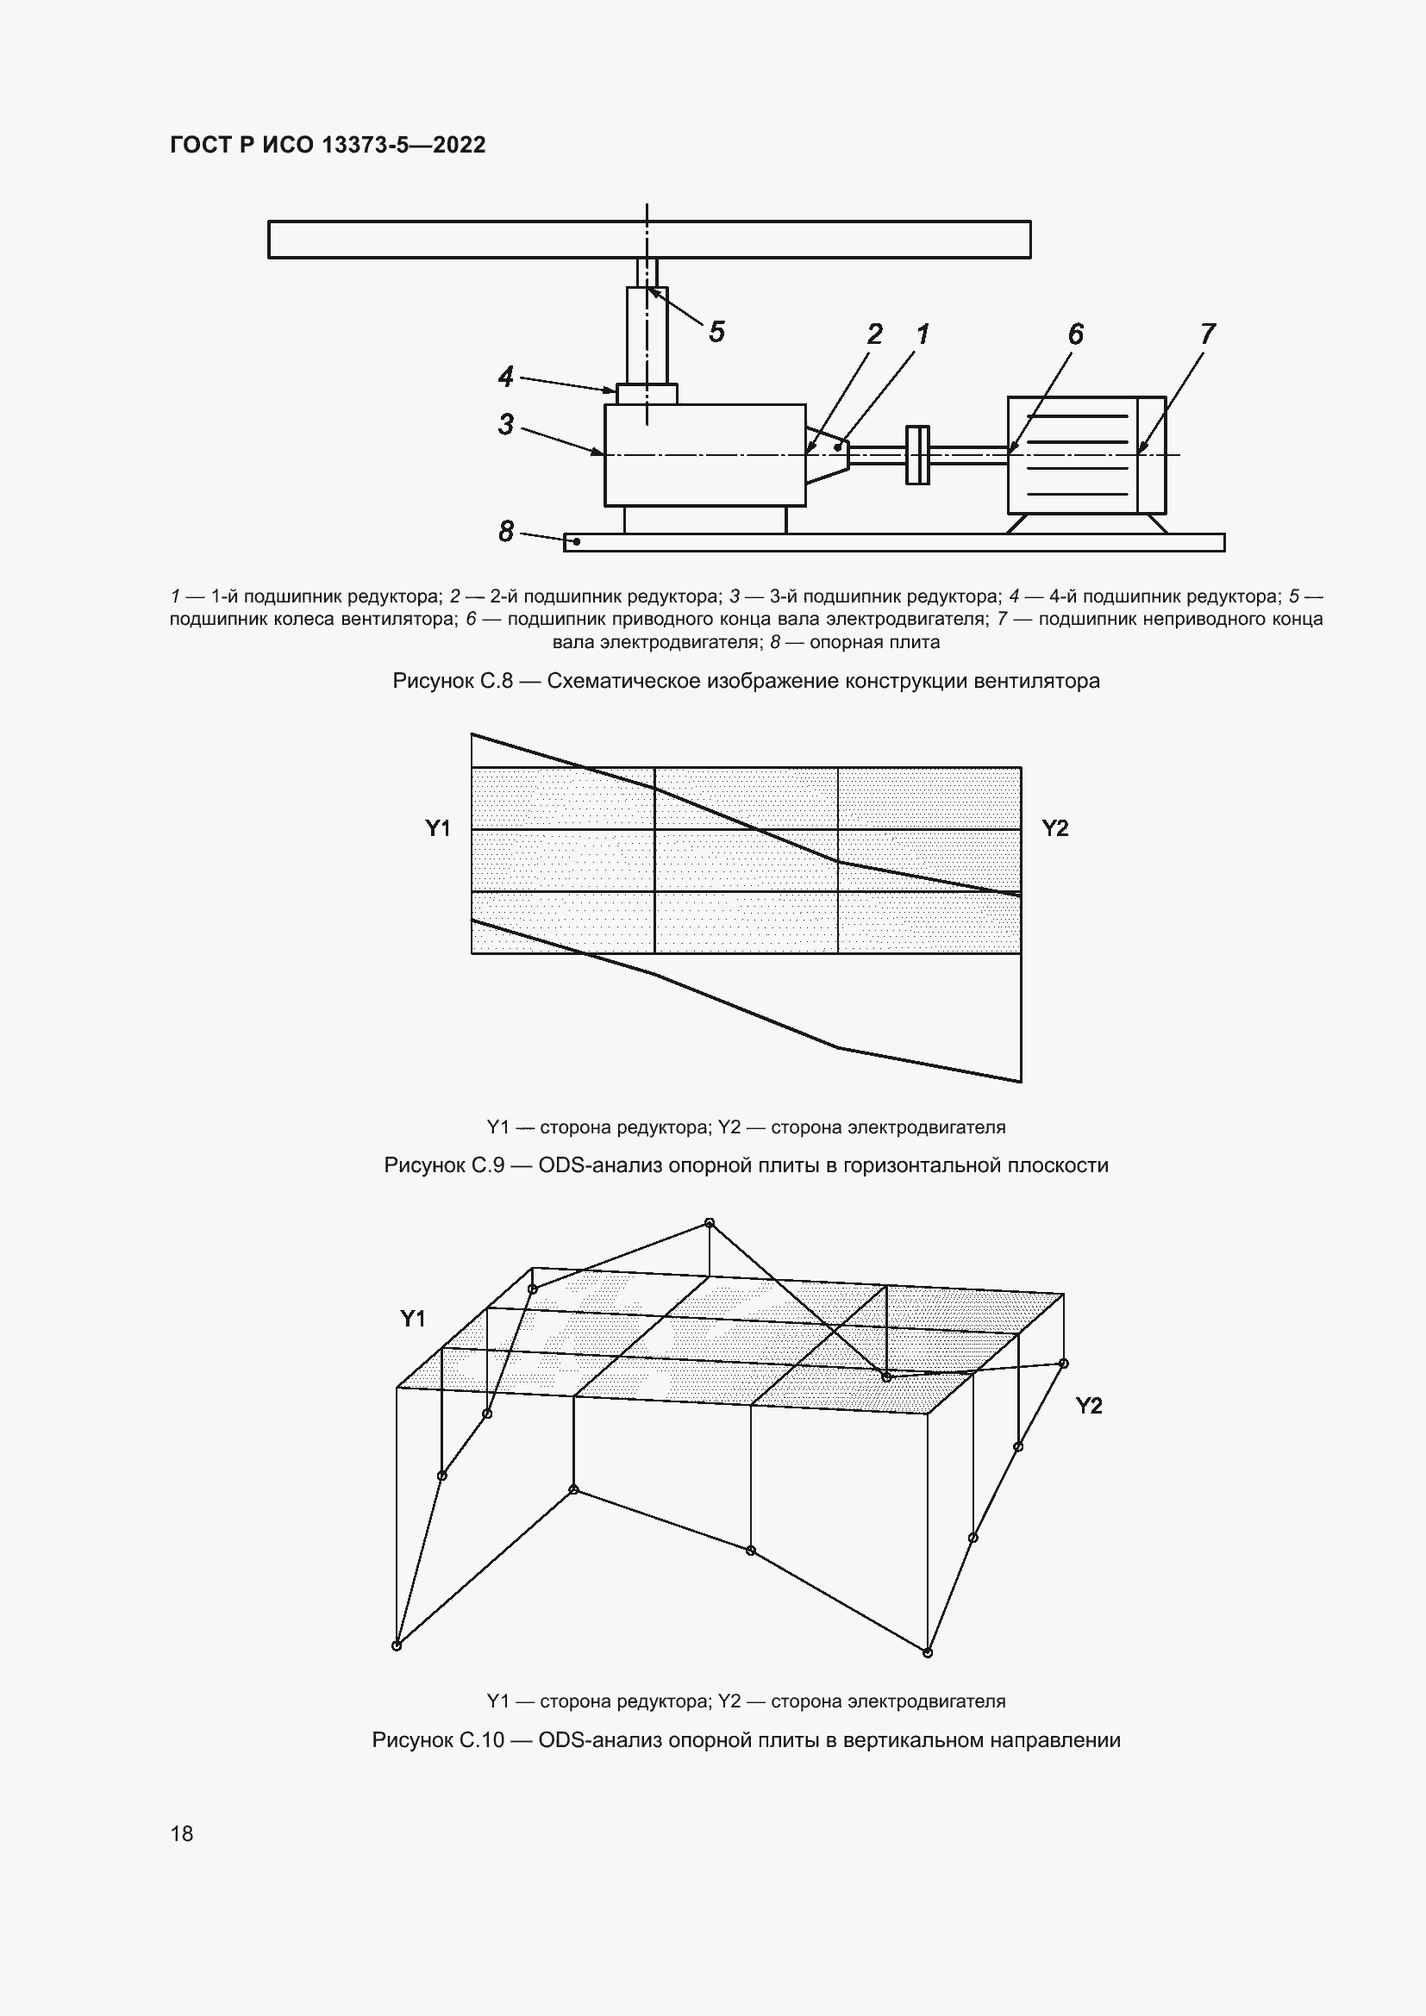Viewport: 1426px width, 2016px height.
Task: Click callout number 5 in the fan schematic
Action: tap(716, 332)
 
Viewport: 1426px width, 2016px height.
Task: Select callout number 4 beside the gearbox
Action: tap(506, 377)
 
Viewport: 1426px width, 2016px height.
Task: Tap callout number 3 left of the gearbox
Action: tap(506, 424)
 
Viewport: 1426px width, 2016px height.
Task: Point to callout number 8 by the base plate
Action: tap(506, 531)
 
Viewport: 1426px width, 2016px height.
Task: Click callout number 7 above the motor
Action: tap(1207, 334)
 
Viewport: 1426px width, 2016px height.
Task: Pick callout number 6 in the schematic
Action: tap(1076, 334)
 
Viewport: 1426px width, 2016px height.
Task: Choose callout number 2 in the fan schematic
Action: tap(874, 334)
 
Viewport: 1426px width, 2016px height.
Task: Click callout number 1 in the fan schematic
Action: tap(923, 334)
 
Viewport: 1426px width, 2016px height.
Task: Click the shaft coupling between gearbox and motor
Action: tap(917, 454)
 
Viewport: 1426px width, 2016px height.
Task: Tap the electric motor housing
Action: tap(1085, 455)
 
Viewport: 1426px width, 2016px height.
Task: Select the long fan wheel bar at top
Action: tap(649, 240)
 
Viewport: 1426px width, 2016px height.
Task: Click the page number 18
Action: tap(182, 1833)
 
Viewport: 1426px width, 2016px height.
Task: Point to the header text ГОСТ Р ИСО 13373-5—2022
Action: tap(328, 145)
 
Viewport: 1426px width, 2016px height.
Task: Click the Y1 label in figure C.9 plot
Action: tap(438, 828)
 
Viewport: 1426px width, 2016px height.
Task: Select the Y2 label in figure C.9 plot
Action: tap(1054, 828)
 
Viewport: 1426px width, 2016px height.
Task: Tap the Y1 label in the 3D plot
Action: tap(413, 1318)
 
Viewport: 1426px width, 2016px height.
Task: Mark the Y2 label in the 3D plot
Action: tap(1089, 1406)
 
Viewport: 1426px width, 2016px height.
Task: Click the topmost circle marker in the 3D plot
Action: tap(710, 1223)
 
